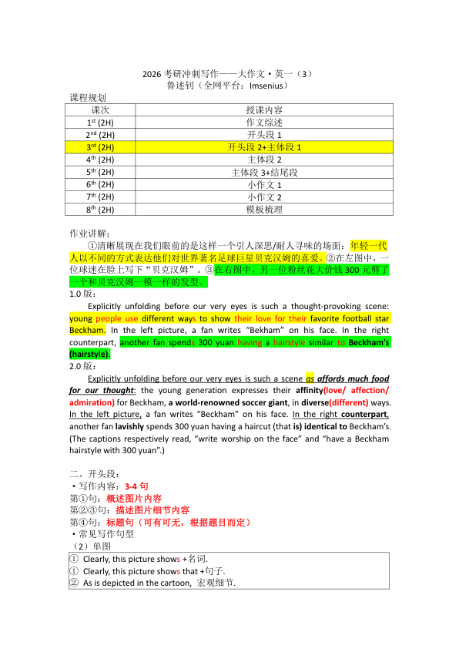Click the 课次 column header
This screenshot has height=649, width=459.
tap(100, 110)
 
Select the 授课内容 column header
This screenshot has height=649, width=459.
tap(263, 110)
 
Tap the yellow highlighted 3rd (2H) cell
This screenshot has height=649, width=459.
tap(100, 146)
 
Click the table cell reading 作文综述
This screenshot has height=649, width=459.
tap(263, 123)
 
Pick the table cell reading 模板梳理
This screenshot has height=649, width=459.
tap(263, 209)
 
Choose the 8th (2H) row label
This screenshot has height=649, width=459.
tap(100, 209)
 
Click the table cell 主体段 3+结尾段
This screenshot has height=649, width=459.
tap(263, 172)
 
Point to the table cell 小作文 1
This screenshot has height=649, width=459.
tap(263, 184)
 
